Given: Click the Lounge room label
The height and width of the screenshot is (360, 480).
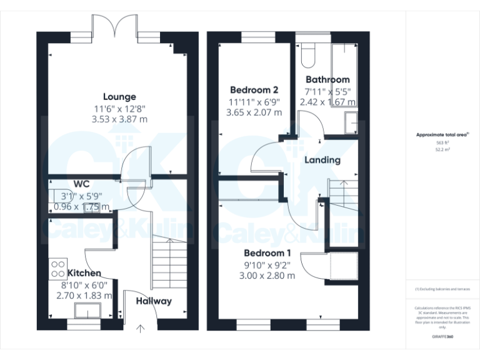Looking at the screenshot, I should (x=119, y=97).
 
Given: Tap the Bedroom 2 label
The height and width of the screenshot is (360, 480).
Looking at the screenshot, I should (x=254, y=89).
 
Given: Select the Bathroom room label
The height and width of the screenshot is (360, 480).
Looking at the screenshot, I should (x=327, y=79).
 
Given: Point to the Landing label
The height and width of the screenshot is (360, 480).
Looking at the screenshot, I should (x=322, y=160).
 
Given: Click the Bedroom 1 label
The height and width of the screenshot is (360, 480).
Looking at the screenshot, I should (x=267, y=253).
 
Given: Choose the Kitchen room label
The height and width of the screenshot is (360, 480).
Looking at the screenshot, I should (x=84, y=273).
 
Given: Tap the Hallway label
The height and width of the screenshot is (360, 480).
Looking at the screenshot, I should (x=154, y=301).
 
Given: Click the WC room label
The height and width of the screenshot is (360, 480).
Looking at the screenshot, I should (x=81, y=184).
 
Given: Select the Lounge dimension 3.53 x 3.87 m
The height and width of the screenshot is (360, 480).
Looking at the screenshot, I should (x=119, y=119).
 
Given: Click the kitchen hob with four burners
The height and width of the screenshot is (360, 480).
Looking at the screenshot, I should (x=57, y=268).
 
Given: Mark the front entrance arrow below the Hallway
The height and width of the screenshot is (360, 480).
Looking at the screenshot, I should (x=139, y=327).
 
